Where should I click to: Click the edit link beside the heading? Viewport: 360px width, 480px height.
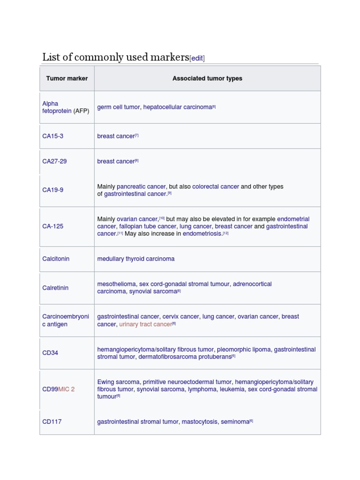coord(197,59)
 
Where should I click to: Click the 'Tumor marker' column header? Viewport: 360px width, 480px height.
coord(67,78)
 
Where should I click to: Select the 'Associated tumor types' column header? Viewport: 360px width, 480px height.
coord(207,78)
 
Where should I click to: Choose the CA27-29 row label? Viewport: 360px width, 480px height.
coord(54,161)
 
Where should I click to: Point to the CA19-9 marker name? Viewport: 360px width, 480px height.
coord(52,190)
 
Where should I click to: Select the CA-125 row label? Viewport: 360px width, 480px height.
coord(52,226)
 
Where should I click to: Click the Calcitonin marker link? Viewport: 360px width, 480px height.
coord(56,259)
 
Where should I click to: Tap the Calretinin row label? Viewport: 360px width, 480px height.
coord(55,288)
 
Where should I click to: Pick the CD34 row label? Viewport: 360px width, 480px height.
coord(50,353)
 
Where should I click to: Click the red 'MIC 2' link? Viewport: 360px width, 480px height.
coord(66,389)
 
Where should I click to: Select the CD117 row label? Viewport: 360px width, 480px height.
coord(52,421)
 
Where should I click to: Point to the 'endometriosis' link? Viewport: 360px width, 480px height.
coord(202,233)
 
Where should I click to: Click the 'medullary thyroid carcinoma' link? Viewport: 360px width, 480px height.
coord(135,259)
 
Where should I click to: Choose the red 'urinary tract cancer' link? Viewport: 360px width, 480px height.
coord(145,324)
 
